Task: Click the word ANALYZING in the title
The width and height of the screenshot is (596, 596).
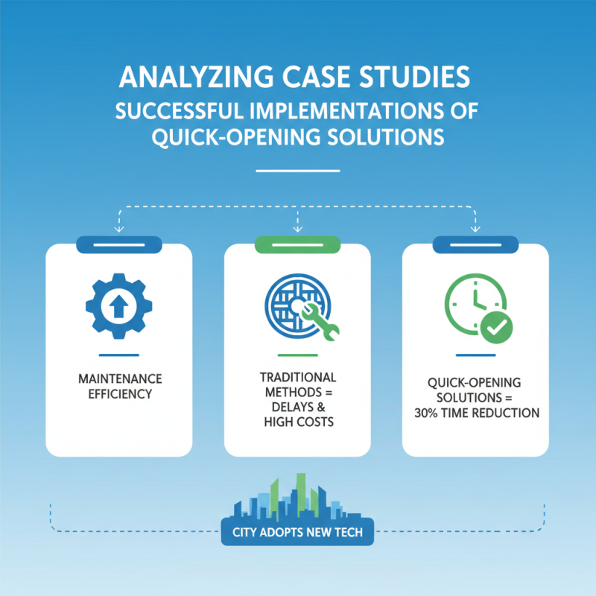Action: click(196, 77)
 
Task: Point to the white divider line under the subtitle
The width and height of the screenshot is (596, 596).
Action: click(297, 171)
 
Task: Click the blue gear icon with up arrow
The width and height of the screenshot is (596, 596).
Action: click(119, 306)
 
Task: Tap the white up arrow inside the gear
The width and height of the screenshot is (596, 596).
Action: click(119, 306)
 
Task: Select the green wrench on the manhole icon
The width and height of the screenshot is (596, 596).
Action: click(320, 322)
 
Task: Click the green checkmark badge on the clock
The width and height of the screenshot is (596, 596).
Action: click(496, 327)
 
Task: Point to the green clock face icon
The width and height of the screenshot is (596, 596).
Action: click(475, 304)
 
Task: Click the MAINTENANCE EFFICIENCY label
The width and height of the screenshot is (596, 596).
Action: click(120, 386)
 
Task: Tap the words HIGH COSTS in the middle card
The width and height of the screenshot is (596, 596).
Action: click(299, 422)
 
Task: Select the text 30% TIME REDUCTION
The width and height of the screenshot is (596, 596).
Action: click(477, 413)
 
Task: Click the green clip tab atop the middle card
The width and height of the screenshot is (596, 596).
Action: click(297, 245)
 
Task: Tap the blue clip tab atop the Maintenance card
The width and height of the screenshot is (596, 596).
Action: click(119, 245)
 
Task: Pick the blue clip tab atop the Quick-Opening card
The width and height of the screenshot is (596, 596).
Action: click(475, 245)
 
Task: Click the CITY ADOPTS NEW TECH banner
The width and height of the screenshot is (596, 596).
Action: click(297, 532)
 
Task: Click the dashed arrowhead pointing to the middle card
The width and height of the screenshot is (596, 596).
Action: click(297, 229)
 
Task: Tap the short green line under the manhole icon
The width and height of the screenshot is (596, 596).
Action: click(297, 355)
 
